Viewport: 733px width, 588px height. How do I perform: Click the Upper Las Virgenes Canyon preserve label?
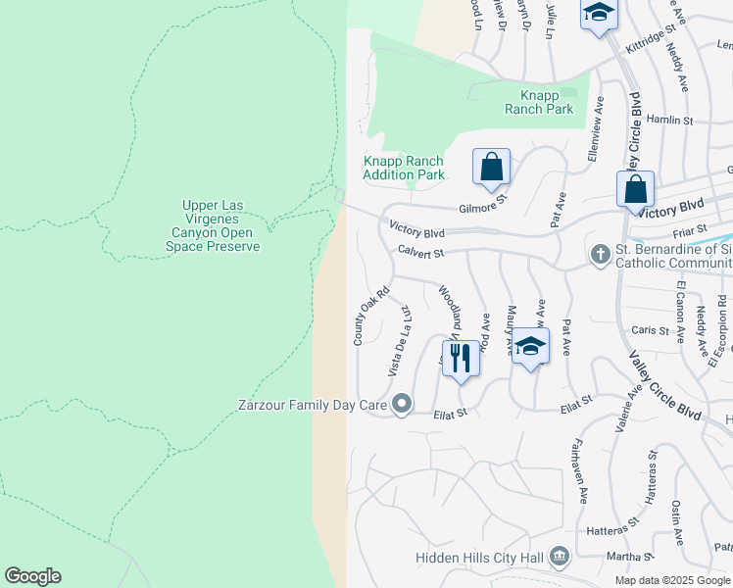tap(220, 226)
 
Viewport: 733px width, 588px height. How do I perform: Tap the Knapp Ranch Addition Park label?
tap(403, 169)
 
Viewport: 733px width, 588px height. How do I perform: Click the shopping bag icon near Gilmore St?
tap(491, 167)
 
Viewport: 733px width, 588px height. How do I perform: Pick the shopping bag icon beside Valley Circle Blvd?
tap(635, 189)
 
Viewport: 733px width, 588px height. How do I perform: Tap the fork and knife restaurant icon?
tap(461, 358)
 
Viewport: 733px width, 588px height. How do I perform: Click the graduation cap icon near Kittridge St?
tap(599, 15)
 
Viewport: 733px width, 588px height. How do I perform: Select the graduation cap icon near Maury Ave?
tap(530, 347)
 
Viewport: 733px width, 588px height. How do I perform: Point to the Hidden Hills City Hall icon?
tap(560, 557)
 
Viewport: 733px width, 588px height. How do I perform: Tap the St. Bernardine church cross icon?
tap(600, 254)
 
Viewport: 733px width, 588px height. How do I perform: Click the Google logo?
tap(32, 576)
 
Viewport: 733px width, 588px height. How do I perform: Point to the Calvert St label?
tap(421, 253)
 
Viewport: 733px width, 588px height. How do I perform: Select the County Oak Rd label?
tap(371, 315)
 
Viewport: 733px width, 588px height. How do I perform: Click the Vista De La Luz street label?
tap(399, 339)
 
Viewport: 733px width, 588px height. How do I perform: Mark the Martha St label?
tap(623, 557)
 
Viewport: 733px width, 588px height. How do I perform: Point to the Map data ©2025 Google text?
tap(672, 580)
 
